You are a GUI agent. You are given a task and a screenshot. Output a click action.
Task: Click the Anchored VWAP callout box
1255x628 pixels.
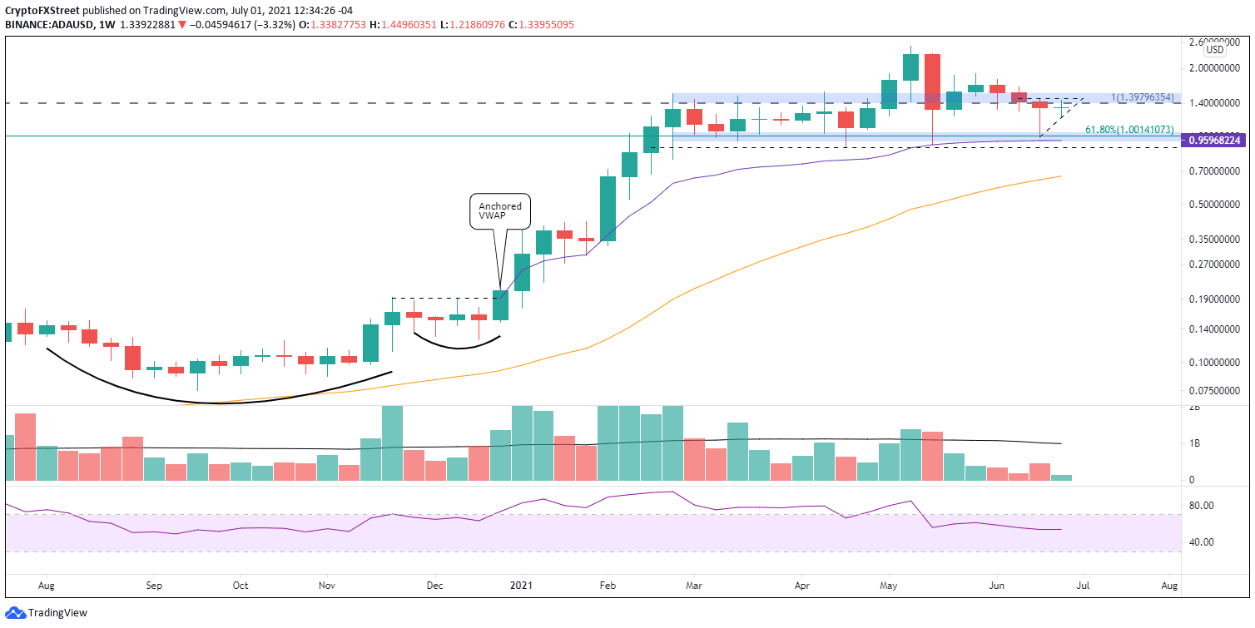coord(500,211)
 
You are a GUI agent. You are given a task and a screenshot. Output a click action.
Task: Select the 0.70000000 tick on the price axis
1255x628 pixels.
coord(1213,171)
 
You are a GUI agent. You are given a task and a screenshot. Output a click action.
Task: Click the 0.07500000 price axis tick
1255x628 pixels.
coord(1213,389)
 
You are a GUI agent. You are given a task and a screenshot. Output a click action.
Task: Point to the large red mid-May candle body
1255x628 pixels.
coord(932,82)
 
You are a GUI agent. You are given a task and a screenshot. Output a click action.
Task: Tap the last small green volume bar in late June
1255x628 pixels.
coord(1061,477)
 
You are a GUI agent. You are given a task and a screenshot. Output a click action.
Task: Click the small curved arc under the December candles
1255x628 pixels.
coord(457,344)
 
